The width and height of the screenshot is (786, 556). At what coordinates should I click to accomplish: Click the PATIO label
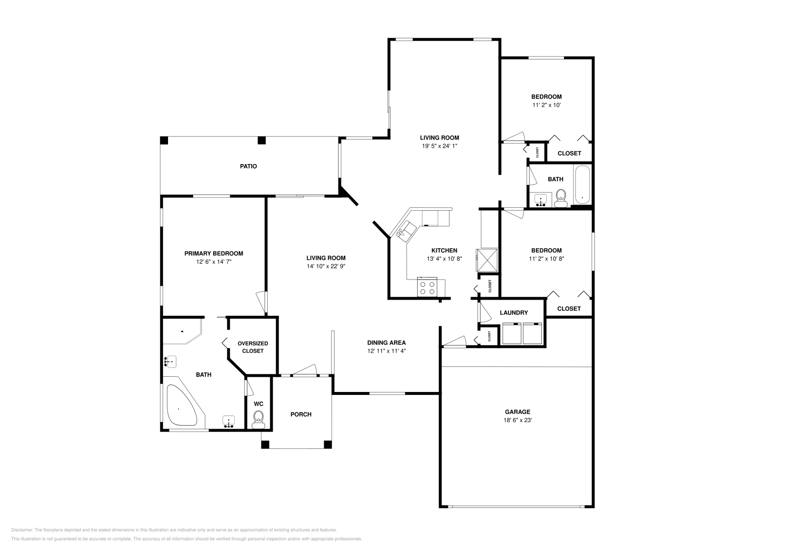pyautogui.click(x=248, y=167)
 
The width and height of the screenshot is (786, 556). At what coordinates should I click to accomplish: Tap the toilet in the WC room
pyautogui.click(x=258, y=418)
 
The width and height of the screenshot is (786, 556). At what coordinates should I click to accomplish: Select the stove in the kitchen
pyautogui.click(x=427, y=287)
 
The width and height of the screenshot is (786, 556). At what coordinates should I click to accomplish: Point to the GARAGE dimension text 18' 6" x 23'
pyautogui.click(x=518, y=420)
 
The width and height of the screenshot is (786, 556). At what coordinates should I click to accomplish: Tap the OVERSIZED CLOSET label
pyautogui.click(x=253, y=347)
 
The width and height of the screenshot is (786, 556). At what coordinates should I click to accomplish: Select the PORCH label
pyautogui.click(x=301, y=415)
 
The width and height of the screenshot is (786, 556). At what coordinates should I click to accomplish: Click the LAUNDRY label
pyautogui.click(x=513, y=313)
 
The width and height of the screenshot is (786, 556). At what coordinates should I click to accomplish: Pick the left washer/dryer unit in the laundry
pyautogui.click(x=511, y=334)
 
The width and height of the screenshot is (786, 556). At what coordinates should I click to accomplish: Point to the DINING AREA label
pyautogui.click(x=386, y=343)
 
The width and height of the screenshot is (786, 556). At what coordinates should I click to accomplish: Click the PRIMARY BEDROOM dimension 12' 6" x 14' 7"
pyautogui.click(x=214, y=262)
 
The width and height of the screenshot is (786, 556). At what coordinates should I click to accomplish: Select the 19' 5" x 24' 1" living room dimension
pyautogui.click(x=439, y=146)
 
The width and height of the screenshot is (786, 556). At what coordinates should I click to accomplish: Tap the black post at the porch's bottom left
pyautogui.click(x=265, y=445)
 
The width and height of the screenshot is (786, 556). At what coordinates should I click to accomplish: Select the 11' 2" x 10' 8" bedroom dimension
pyautogui.click(x=546, y=259)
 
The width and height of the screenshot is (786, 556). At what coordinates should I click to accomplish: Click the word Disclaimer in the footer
pyautogui.click(x=21, y=530)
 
